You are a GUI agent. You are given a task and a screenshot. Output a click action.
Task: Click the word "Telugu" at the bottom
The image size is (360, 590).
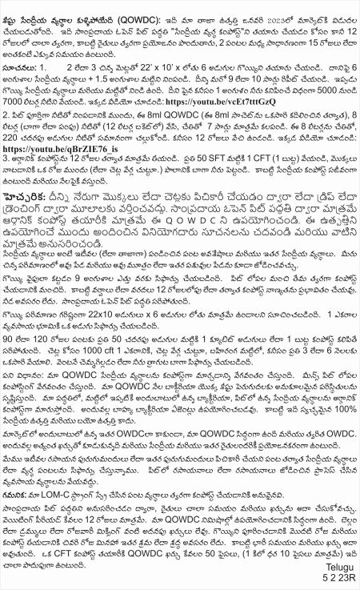coord(338,568)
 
